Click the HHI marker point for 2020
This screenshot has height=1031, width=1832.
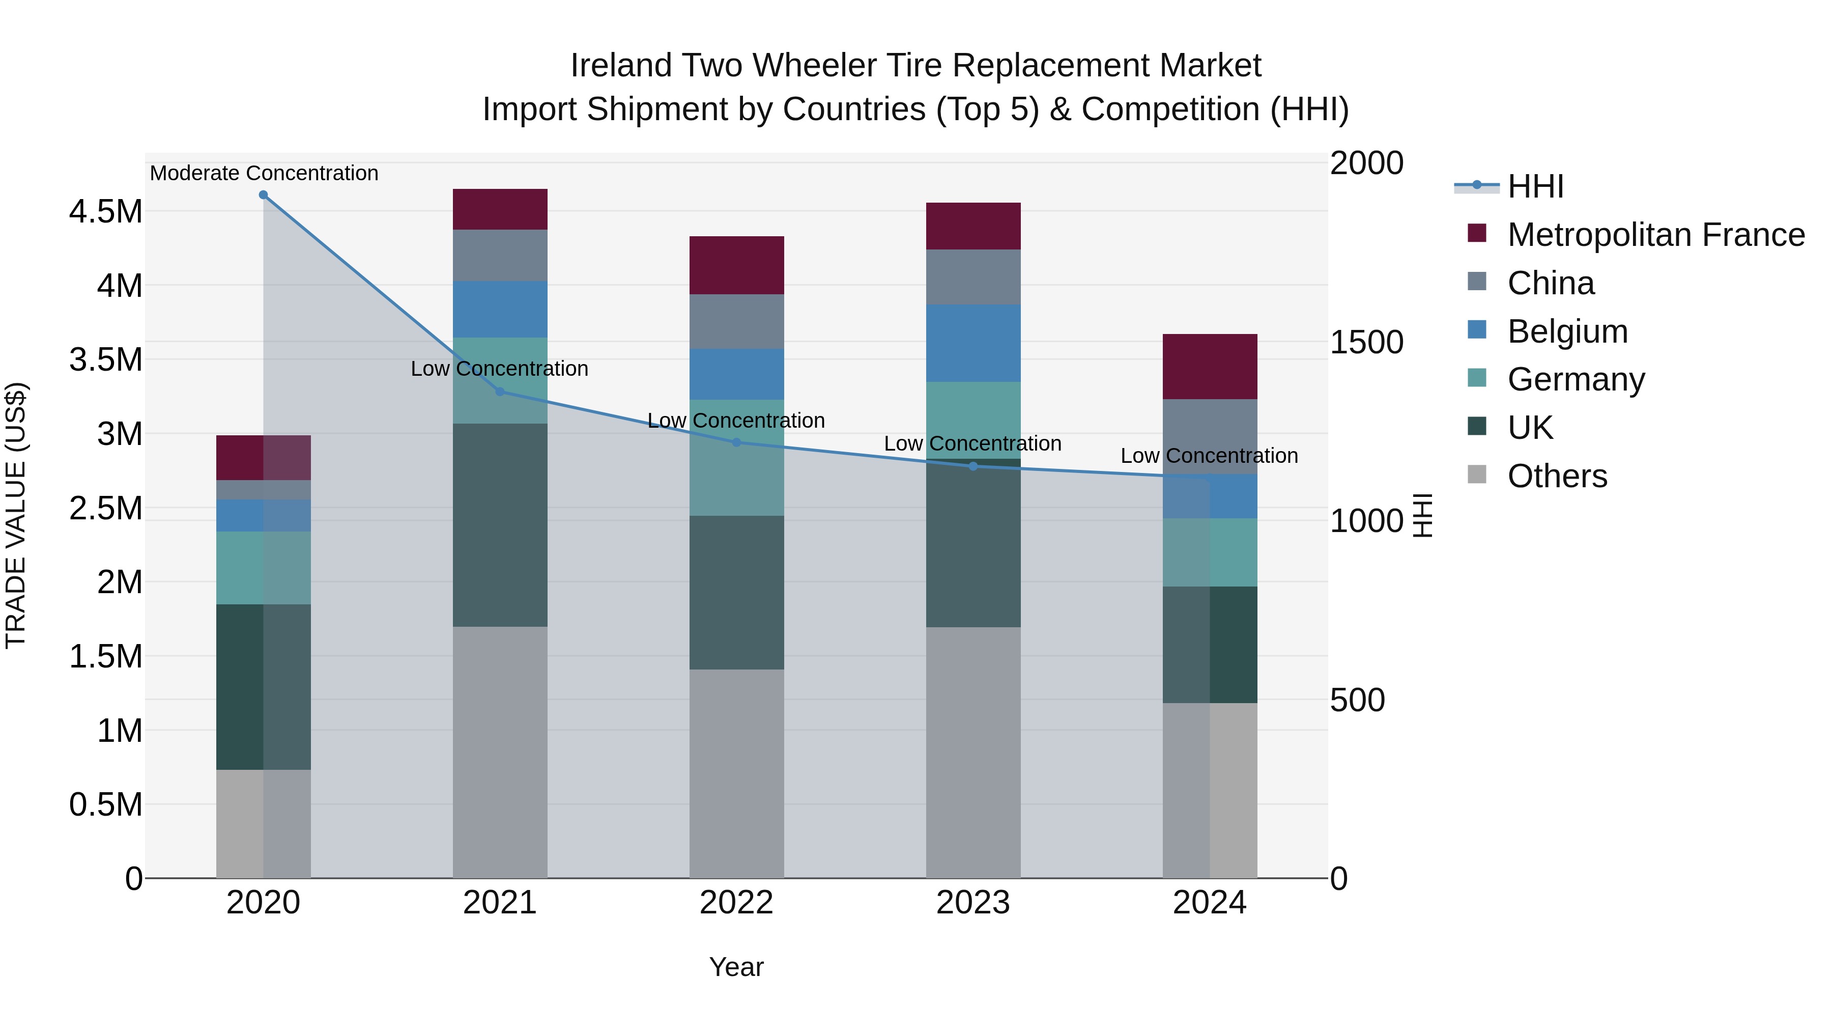[x=263, y=195]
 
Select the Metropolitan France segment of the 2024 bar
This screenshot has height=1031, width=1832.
[x=1210, y=367]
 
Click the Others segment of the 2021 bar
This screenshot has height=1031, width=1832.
[x=500, y=752]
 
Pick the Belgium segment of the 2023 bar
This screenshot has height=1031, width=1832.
[x=973, y=343]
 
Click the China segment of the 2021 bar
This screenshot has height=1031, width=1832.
[x=500, y=256]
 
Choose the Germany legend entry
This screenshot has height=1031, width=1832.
[x=1575, y=379]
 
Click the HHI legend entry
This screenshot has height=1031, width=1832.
[x=1535, y=186]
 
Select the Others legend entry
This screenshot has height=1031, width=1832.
[x=1556, y=476]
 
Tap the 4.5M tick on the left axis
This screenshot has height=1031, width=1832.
[x=106, y=212]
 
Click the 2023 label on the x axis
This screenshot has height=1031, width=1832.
[x=973, y=903]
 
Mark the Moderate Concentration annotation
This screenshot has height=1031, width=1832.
[x=264, y=173]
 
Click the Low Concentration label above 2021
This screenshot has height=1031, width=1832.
[x=499, y=369]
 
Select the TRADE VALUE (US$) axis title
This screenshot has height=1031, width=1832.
[x=16, y=516]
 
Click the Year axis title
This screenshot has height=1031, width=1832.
[x=736, y=967]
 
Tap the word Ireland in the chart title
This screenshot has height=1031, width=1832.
[x=621, y=66]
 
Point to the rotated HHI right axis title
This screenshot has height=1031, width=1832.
[x=1422, y=516]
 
